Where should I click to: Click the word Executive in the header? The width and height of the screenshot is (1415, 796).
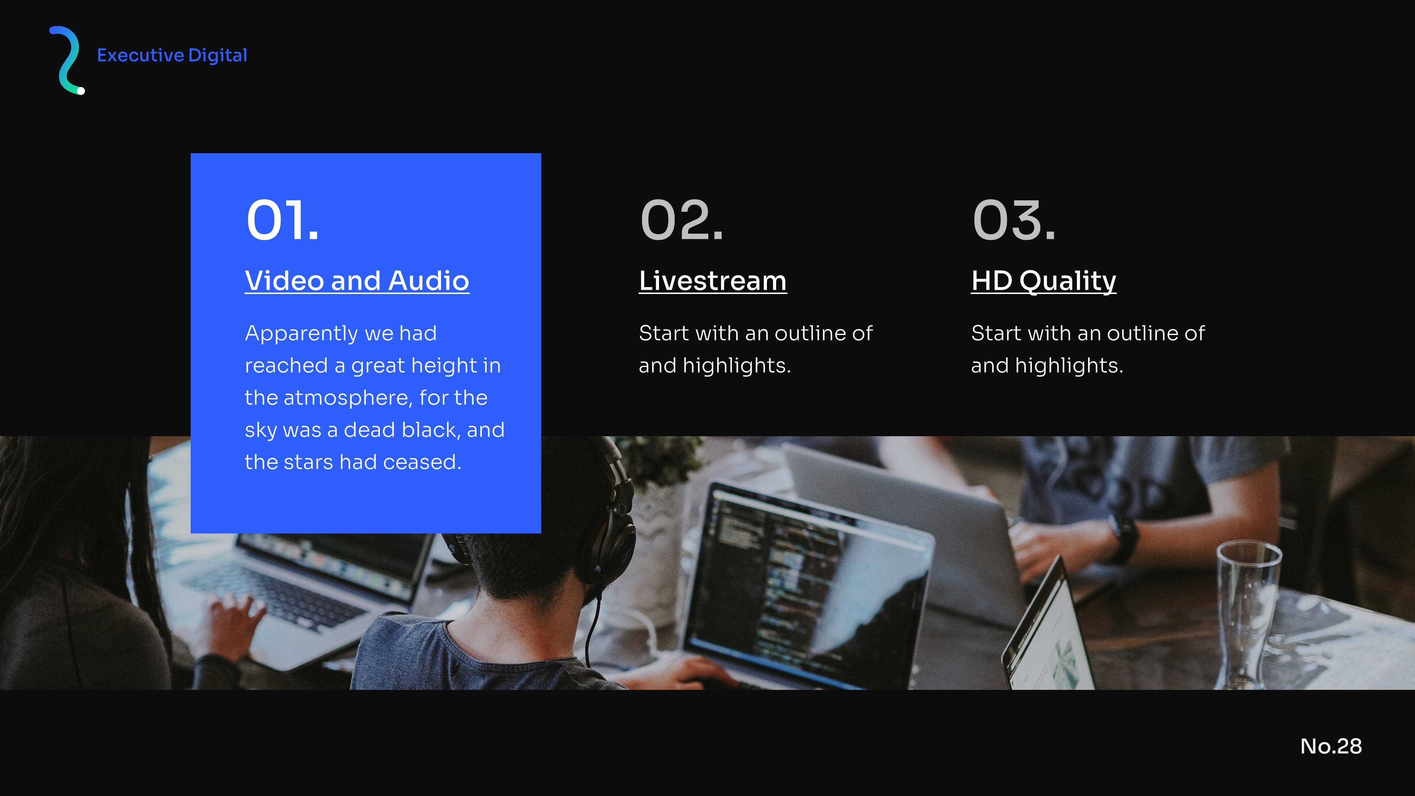click(141, 56)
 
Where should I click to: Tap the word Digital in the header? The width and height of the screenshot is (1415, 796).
click(218, 56)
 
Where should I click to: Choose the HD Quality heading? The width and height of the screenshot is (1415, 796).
click(1044, 281)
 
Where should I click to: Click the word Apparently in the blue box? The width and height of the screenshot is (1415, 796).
click(301, 334)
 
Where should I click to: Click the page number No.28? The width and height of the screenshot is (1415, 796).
click(1331, 746)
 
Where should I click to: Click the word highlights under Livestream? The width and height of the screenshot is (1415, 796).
click(737, 366)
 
